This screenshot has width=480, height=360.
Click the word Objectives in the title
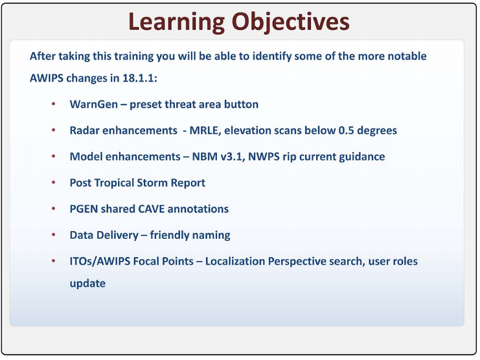click(x=291, y=23)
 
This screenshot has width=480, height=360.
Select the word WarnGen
click(x=94, y=104)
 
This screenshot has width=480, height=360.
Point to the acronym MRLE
click(x=205, y=130)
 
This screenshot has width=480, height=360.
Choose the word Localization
click(x=235, y=262)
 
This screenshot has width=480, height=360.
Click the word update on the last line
click(x=87, y=283)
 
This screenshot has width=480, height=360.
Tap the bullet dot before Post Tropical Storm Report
click(x=54, y=183)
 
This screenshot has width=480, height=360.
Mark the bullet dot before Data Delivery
click(x=54, y=235)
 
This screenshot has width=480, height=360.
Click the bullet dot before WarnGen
click(x=54, y=104)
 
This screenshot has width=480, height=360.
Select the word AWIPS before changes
click(x=47, y=78)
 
